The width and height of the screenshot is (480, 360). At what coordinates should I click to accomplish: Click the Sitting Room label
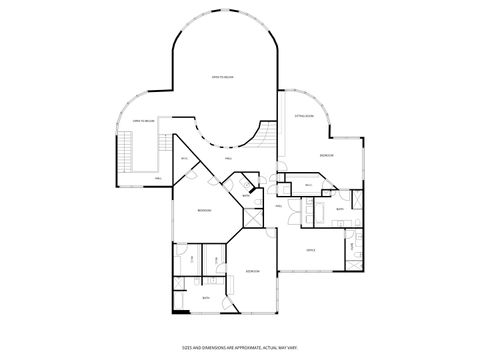(304, 117)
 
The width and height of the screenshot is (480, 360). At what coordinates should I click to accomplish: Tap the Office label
(311, 250)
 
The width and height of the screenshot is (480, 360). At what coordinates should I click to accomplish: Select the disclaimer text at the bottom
(240, 347)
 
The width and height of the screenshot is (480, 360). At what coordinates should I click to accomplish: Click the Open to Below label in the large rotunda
(222, 76)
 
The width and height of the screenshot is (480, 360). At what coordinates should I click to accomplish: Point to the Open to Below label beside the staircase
(143, 122)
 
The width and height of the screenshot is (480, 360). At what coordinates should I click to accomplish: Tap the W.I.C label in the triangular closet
(184, 159)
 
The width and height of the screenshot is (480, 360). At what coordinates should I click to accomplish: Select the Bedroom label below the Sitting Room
(326, 156)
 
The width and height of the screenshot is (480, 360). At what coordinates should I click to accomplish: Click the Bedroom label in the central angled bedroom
(204, 210)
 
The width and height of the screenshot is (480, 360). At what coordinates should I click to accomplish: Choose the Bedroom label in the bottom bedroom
(253, 271)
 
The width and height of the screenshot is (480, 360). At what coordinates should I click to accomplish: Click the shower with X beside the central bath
(239, 185)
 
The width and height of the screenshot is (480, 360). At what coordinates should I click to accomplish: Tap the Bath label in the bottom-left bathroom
(206, 298)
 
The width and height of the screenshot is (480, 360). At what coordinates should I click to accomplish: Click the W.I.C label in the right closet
(309, 184)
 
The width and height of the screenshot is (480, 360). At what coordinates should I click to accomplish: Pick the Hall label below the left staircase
(158, 178)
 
